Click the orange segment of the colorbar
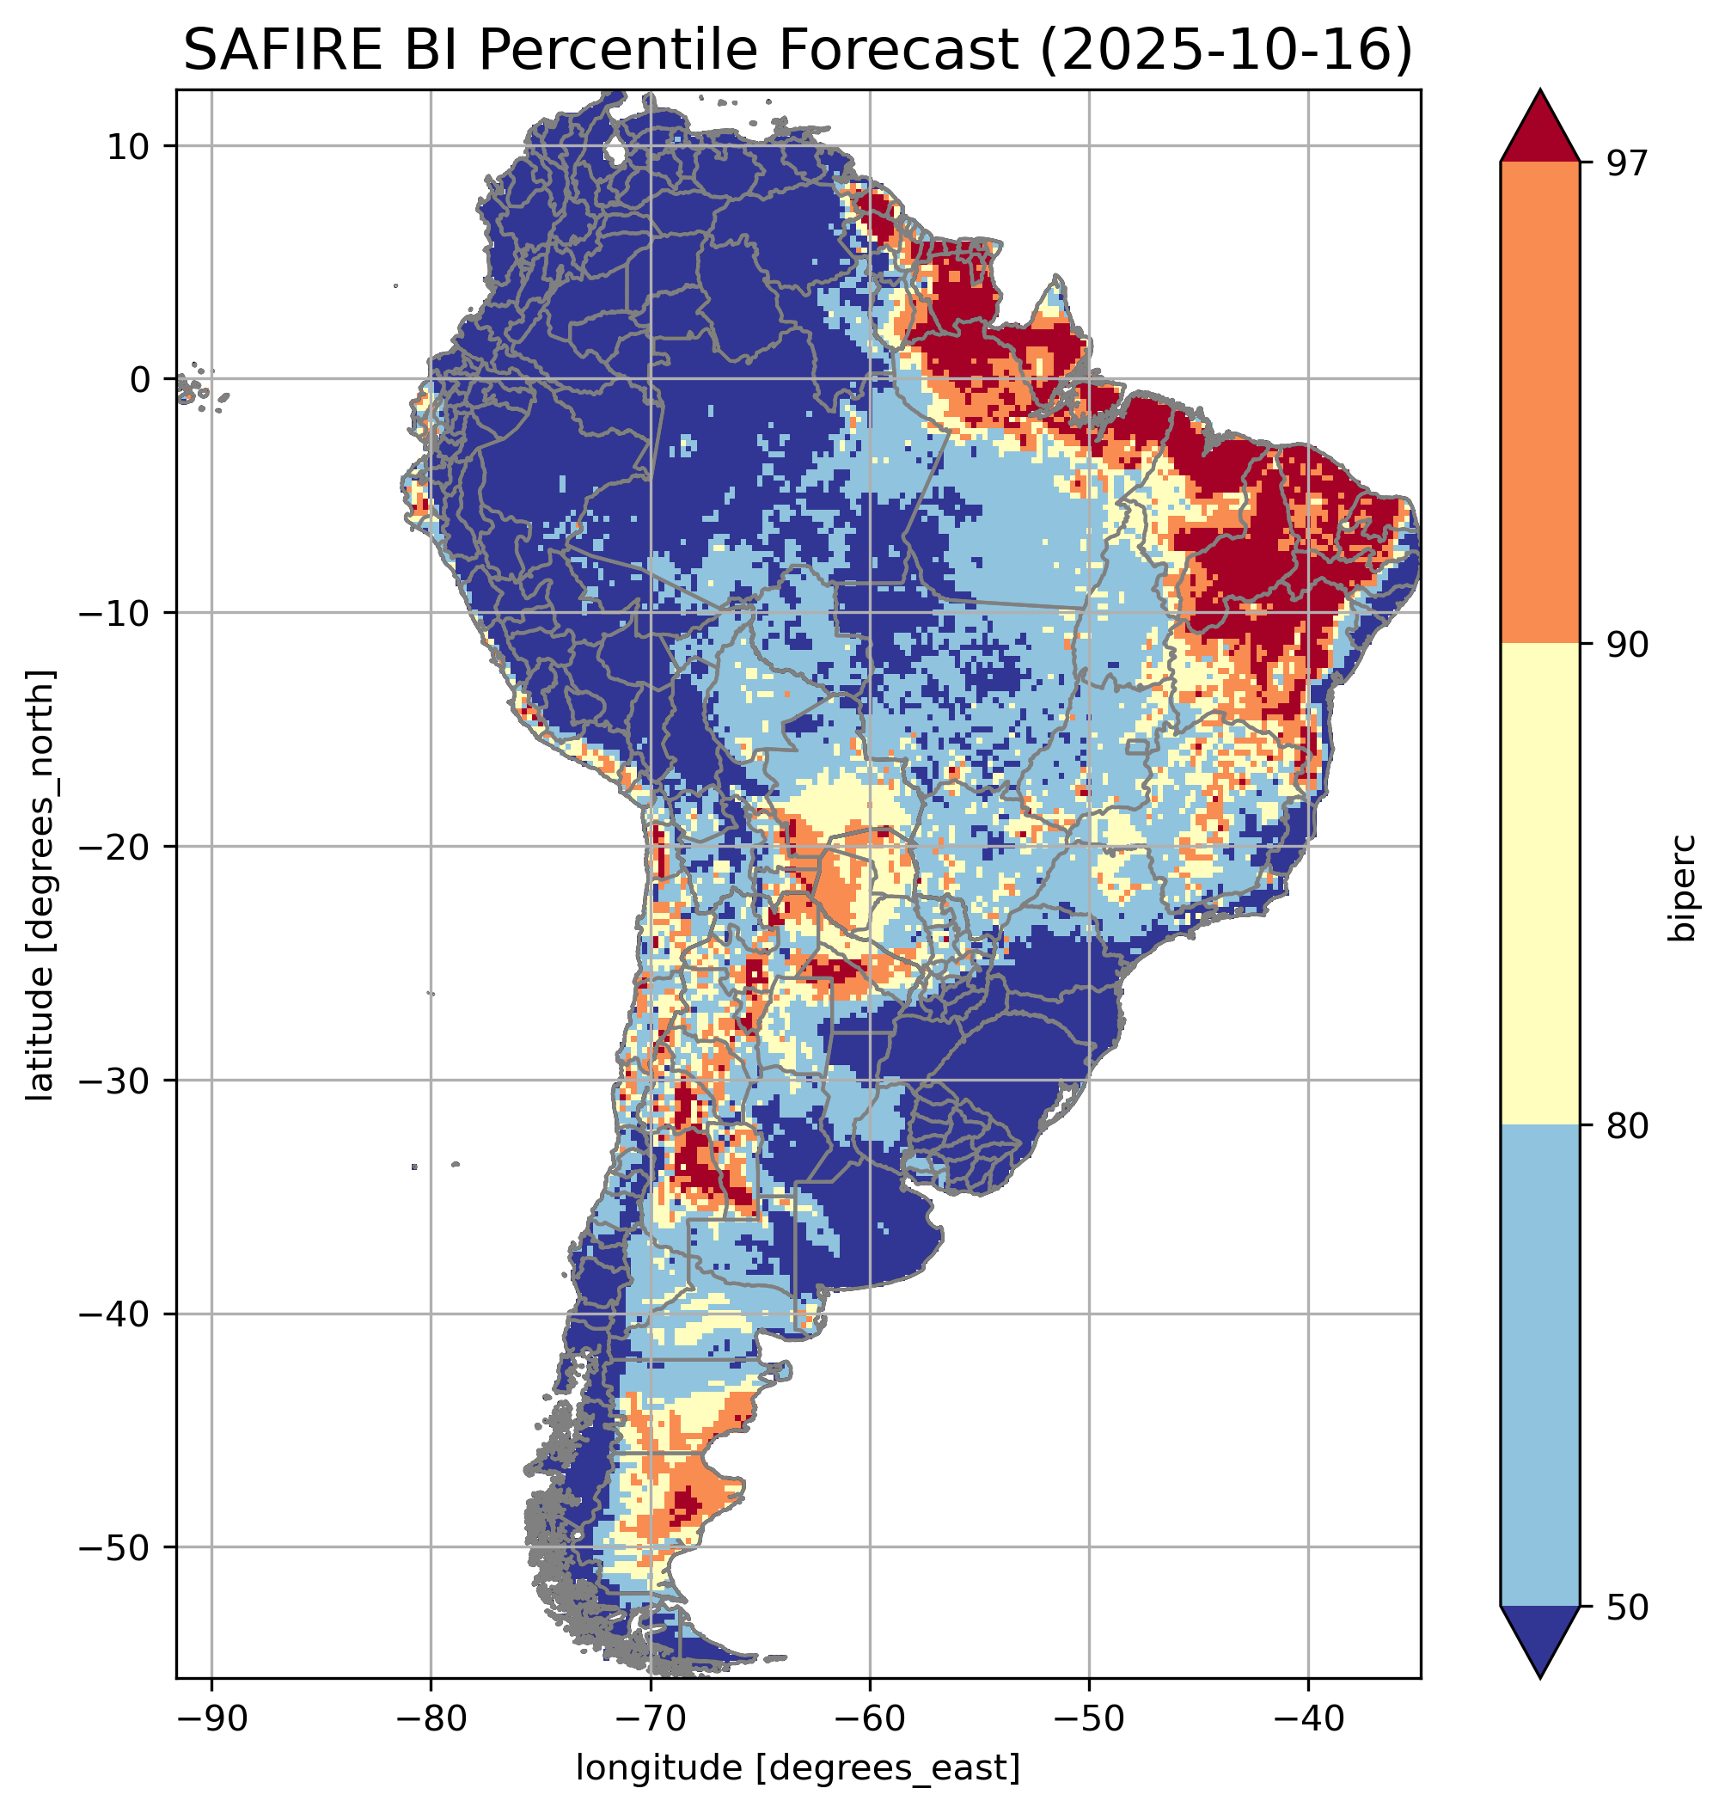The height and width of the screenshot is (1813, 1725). (1539, 403)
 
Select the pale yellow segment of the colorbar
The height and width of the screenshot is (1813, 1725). (1539, 884)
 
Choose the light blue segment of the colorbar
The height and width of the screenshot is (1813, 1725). (1539, 1366)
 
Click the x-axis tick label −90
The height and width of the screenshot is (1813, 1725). (211, 1718)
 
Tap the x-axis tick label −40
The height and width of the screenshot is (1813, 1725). (1307, 1718)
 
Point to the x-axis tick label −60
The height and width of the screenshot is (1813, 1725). (869, 1718)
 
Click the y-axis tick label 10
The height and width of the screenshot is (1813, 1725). (128, 146)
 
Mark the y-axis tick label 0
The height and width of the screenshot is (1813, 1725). (140, 380)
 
